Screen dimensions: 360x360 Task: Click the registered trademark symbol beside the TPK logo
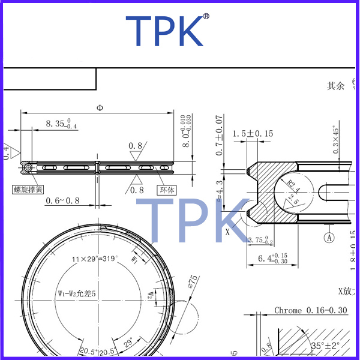[x=206, y=17]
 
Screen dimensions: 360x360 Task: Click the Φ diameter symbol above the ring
[x=99, y=108]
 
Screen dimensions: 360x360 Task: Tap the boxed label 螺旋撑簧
[x=28, y=190]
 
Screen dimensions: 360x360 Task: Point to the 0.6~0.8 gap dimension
[x=62, y=201]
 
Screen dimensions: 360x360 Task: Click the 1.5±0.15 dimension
[x=253, y=133]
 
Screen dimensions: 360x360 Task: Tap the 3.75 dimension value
[x=259, y=241]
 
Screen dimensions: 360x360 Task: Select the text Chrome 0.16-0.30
[x=311, y=310]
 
